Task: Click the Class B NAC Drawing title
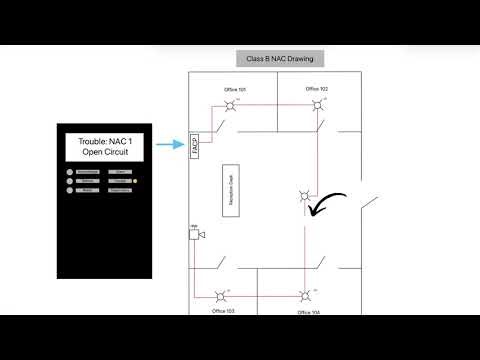[279, 59]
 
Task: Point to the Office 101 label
[234, 90]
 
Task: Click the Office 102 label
[317, 89]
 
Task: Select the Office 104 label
[309, 312]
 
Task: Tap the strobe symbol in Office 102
[317, 104]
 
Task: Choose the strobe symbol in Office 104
[304, 296]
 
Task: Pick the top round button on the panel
[72, 173]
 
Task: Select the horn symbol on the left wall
[196, 234]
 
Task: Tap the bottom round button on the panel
[72, 189]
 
